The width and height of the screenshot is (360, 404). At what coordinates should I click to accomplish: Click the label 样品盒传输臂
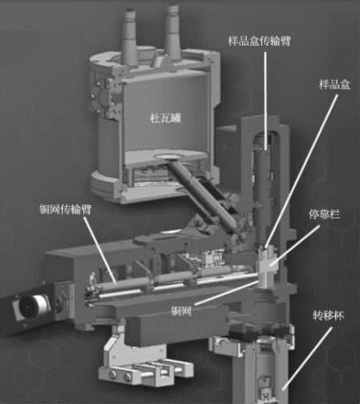pos(259,41)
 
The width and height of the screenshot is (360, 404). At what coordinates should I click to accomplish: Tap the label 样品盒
pos(334,85)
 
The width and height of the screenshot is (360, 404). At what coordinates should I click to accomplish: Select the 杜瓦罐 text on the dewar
pos(165,118)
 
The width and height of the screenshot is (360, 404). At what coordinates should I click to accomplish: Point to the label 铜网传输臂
pos(65,210)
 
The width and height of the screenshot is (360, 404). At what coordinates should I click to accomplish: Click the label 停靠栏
pos(324,214)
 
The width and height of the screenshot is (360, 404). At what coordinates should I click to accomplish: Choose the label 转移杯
pos(328,316)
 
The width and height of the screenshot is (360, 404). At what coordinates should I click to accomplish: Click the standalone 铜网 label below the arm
pos(181,311)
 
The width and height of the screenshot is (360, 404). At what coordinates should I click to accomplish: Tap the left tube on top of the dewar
pos(129,37)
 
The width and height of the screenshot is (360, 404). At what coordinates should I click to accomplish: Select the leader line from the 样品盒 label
pos(302,171)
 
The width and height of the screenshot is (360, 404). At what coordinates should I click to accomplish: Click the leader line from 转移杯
pos(306,359)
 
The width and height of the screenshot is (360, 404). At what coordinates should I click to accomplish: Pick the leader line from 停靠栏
pos(295,245)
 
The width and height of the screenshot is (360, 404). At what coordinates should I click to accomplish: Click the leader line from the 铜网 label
pos(228,293)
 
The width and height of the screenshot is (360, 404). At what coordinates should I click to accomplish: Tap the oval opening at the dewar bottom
pos(172,157)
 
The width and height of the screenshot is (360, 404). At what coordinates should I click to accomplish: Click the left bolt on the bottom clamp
pos(112,375)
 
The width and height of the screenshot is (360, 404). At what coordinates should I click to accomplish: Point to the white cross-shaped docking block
pos(266,269)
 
